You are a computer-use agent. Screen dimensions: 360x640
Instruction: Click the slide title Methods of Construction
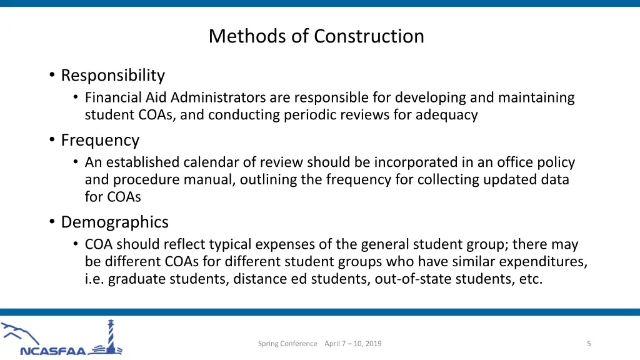click(x=316, y=36)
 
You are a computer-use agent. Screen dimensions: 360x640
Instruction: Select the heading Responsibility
click(x=112, y=76)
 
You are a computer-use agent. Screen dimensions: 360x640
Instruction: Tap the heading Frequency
click(x=100, y=140)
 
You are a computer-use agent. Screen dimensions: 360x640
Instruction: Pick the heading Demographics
click(x=114, y=222)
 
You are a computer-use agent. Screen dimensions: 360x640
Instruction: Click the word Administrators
click(x=218, y=97)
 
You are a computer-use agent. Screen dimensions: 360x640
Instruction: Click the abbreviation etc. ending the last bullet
click(x=531, y=279)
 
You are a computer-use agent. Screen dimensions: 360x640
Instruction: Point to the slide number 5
click(x=589, y=343)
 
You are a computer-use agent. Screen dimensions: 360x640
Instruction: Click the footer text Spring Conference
click(x=287, y=343)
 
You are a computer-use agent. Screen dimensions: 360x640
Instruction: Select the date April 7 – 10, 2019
click(x=353, y=343)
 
